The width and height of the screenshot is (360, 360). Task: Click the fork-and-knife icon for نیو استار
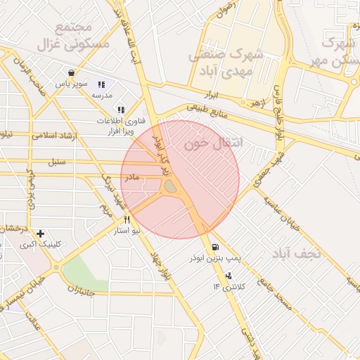tap(127, 220)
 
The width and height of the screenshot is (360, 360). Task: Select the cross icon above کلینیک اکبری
tap(40, 233)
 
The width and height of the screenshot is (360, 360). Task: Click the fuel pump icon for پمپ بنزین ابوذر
tap(214, 247)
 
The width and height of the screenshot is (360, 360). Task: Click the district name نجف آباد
tap(295, 252)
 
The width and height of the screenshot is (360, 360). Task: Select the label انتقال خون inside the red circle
tap(212, 143)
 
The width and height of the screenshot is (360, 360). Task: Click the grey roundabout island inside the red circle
tap(171, 186)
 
